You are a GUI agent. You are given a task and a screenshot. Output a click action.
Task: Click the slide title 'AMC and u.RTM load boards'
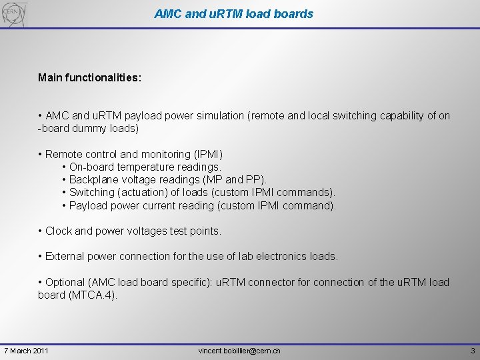tap(233, 13)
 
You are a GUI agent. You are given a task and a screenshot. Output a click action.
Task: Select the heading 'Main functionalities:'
tap(89, 78)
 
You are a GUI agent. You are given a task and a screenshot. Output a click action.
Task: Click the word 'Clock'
tap(59, 231)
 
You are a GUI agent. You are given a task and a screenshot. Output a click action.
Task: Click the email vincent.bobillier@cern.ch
tap(239, 351)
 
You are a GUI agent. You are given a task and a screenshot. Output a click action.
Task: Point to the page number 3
tap(472, 351)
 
